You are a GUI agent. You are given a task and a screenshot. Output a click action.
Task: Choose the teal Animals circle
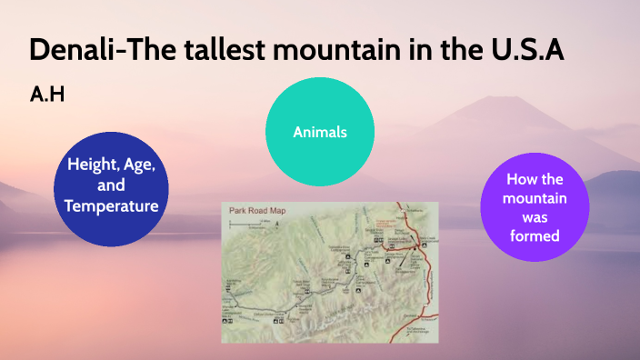[320, 133]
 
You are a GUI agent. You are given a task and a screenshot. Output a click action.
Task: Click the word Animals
[320, 133]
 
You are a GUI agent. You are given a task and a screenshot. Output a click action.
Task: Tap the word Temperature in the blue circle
[112, 206]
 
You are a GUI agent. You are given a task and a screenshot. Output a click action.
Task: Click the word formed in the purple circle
[534, 236]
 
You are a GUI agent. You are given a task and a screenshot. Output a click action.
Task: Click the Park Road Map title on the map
[257, 212]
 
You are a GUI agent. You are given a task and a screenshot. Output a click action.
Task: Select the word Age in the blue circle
[142, 166]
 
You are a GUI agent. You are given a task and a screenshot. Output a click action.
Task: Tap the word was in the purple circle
[534, 218]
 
